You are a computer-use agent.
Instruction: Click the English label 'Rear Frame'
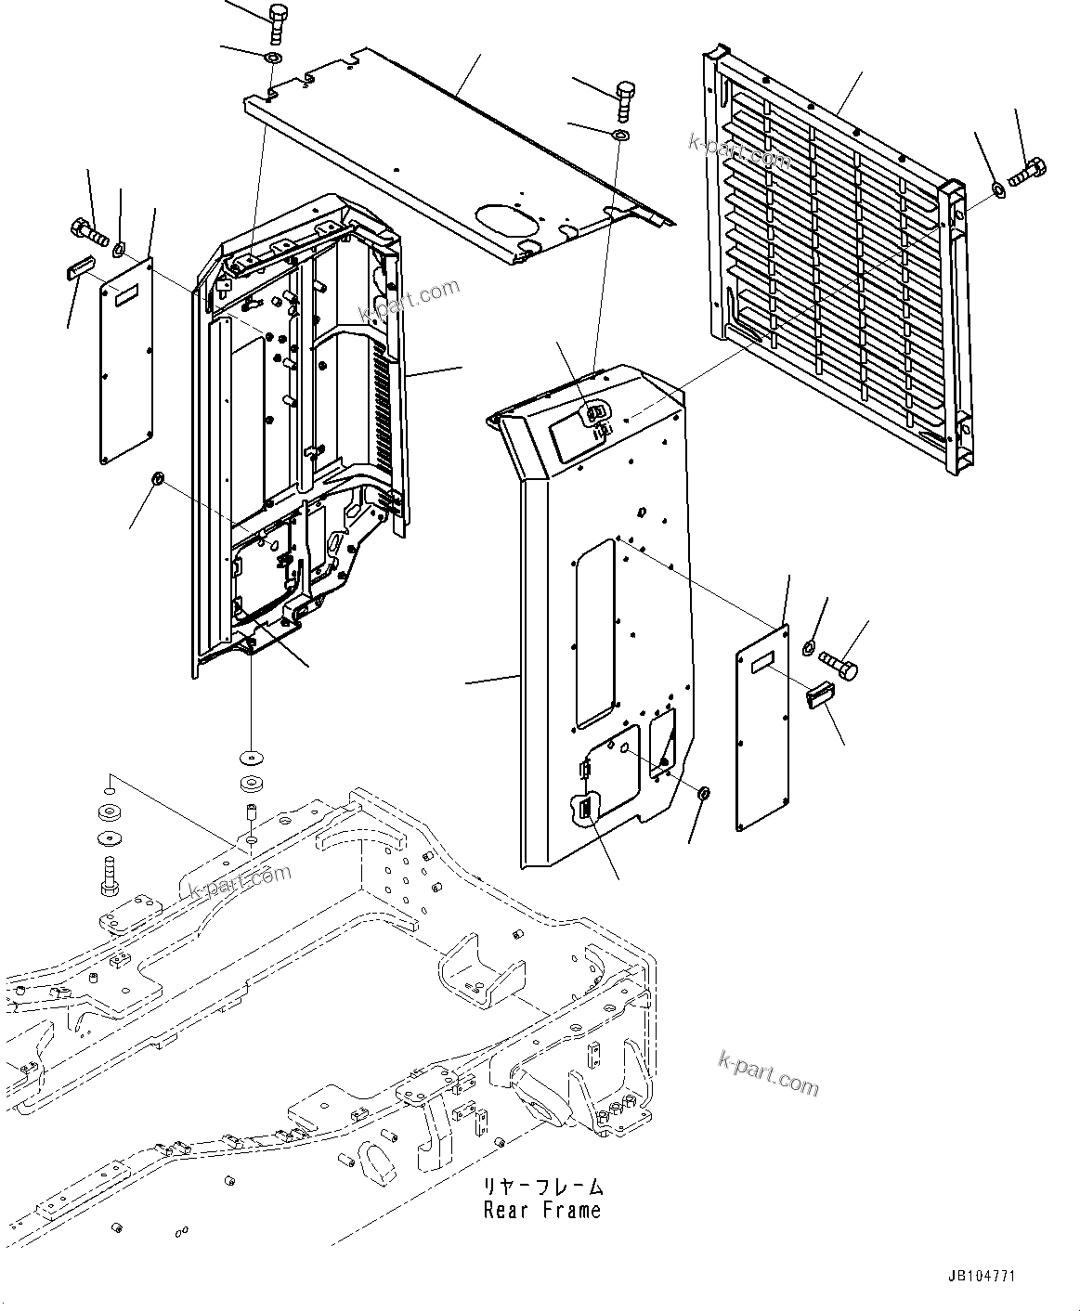(x=541, y=1210)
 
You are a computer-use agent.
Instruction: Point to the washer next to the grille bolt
(x=997, y=190)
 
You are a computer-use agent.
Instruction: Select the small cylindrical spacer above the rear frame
(x=251, y=812)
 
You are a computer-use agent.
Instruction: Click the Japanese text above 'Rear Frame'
(x=541, y=1187)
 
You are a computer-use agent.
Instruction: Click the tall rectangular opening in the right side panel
(x=595, y=632)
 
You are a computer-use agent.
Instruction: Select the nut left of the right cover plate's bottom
(x=704, y=793)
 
